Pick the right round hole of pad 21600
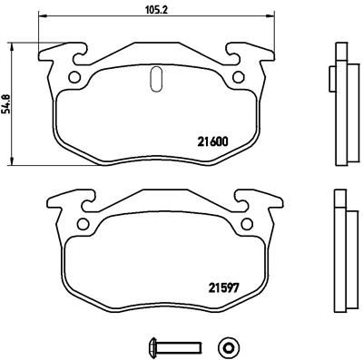pyautogui.click(x=240, y=77)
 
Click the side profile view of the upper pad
pyautogui.click(x=341, y=102)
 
